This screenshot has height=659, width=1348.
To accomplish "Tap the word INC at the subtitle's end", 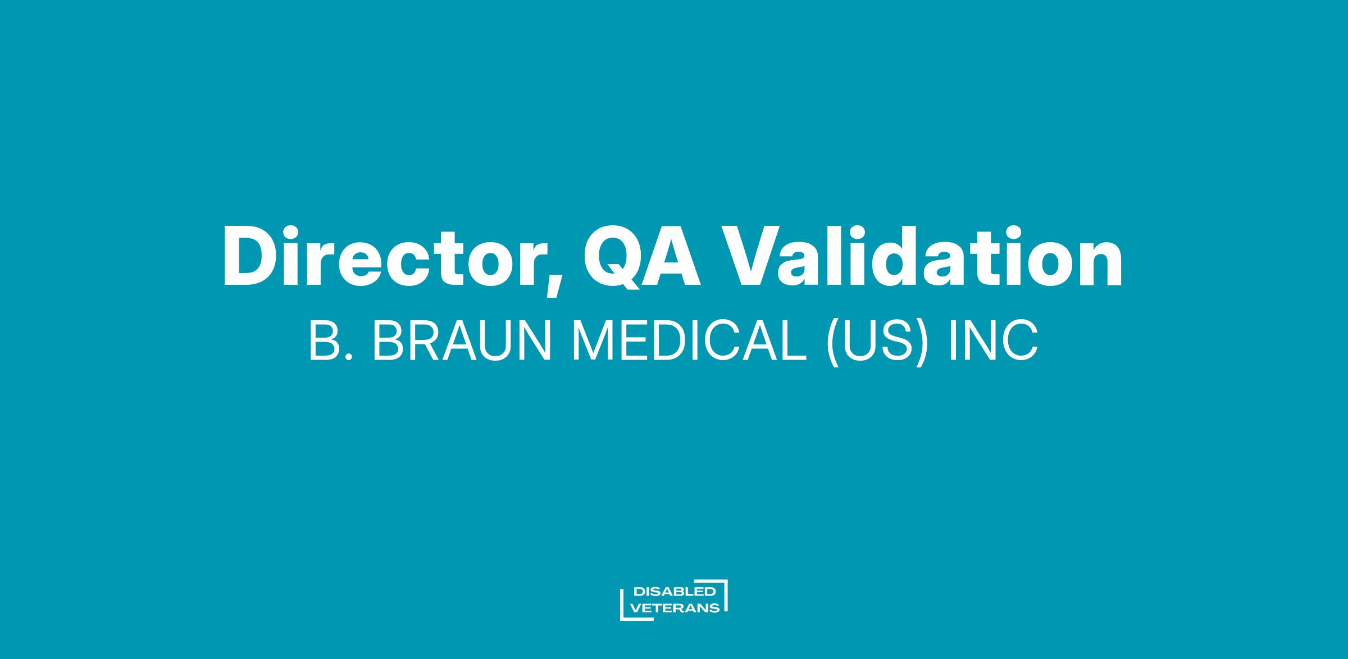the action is [x=993, y=342].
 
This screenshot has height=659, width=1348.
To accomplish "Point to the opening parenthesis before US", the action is [x=834, y=344].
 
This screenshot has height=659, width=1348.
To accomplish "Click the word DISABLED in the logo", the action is [x=674, y=592].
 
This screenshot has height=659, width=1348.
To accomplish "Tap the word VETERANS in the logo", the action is [x=676, y=608].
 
